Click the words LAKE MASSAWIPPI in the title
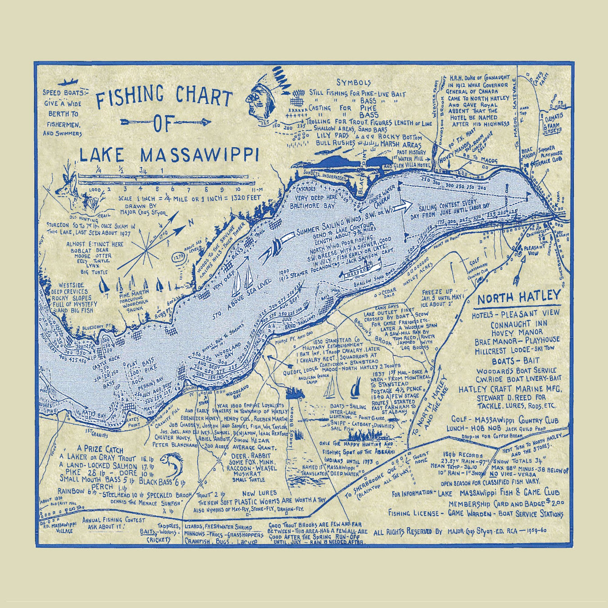(x=169, y=154)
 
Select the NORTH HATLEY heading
(x=519, y=298)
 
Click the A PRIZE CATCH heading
(x=100, y=449)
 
